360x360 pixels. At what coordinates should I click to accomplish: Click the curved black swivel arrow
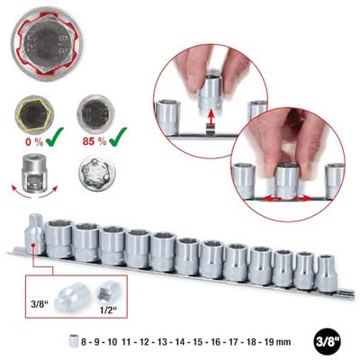(32, 193)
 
